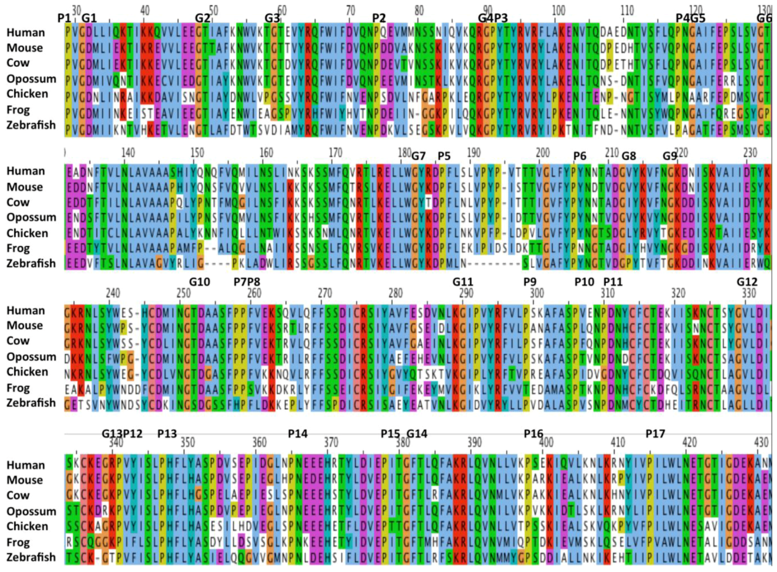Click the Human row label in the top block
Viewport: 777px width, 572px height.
pyautogui.click(x=26, y=33)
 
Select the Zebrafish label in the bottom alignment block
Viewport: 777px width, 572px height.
pyautogui.click(x=31, y=557)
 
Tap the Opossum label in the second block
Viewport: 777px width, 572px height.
pyautogui.click(x=31, y=217)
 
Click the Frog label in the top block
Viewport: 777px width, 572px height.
pyautogui.click(x=18, y=110)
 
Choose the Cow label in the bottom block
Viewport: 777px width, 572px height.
pyautogui.click(x=18, y=495)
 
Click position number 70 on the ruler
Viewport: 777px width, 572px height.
pyautogui.click(x=350, y=10)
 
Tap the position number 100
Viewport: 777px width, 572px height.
pyautogui.click(x=558, y=10)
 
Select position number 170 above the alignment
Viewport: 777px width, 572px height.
pyautogui.click(x=335, y=152)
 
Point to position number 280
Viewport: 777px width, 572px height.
pyautogui.click(x=395, y=293)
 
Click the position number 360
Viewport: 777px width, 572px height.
pyautogui.click(x=259, y=442)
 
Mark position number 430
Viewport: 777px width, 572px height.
pyautogui.click(x=761, y=442)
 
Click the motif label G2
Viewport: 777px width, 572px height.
pyautogui.click(x=203, y=18)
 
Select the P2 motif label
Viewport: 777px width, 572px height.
pyautogui.click(x=379, y=18)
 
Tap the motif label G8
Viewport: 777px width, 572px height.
pyautogui.click(x=629, y=156)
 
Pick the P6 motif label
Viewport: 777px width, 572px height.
pyautogui.click(x=580, y=156)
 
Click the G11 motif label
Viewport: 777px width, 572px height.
pyautogui.click(x=463, y=282)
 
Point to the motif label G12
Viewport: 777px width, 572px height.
pyautogui.click(x=747, y=282)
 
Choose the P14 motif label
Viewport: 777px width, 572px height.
pyautogui.click(x=298, y=434)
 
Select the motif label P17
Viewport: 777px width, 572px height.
pyautogui.click(x=655, y=434)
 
